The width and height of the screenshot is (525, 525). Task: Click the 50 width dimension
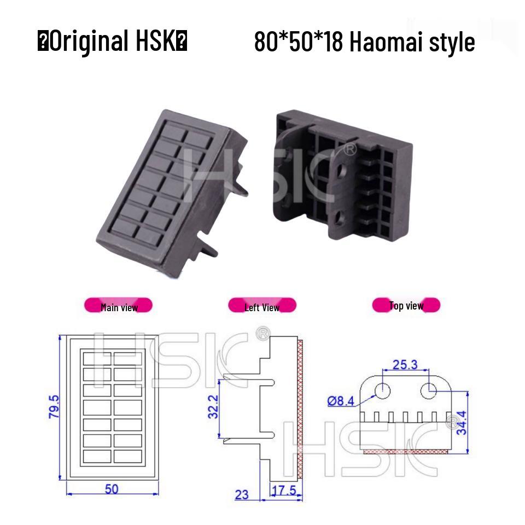[x=112, y=488]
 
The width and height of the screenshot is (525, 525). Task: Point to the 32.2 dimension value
[x=213, y=407]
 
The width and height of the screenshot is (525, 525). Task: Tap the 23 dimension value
[x=241, y=494]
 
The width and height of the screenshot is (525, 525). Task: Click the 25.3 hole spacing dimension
[x=405, y=364]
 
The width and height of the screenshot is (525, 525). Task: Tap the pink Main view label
[x=118, y=307]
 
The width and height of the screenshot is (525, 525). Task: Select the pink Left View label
[x=262, y=307]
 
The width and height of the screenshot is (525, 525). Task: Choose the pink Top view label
[x=406, y=305]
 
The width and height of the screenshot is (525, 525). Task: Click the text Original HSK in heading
[x=112, y=42]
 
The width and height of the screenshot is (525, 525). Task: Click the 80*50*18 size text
[x=298, y=42]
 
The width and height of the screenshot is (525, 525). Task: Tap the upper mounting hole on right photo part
[x=342, y=172]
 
